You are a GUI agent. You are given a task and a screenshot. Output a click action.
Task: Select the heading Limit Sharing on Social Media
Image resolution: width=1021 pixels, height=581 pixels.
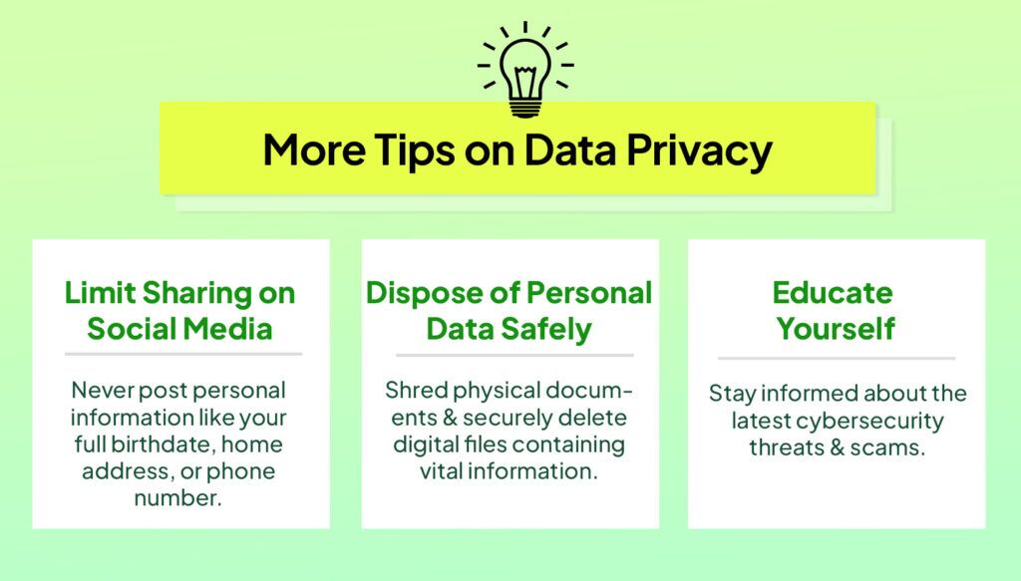[180, 310]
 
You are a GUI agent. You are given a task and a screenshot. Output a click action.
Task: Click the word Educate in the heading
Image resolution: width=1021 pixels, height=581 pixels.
[833, 293]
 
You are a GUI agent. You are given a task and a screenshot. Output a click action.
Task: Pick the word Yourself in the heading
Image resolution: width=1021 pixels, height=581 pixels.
[836, 328]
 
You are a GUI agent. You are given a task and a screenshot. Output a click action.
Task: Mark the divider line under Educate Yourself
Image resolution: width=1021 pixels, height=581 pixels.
[836, 358]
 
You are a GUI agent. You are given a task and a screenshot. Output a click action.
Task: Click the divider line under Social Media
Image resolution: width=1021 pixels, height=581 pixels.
[182, 354]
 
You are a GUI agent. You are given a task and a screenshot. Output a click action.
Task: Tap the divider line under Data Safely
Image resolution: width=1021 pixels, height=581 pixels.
[513, 354]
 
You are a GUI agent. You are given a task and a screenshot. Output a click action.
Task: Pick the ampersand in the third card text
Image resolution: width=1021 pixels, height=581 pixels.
[832, 447]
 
